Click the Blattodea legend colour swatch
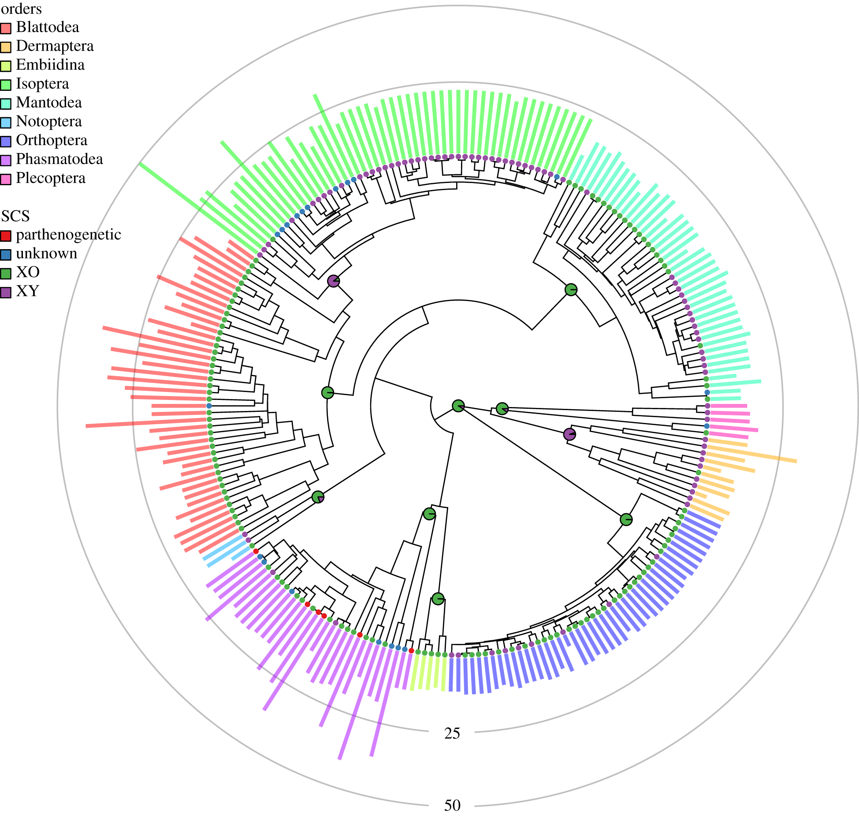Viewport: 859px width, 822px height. [6, 29]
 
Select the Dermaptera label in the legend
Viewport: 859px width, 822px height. [55, 46]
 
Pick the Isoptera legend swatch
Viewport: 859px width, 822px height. [6, 85]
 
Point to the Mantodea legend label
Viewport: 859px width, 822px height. [49, 103]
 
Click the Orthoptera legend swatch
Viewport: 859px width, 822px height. [6, 142]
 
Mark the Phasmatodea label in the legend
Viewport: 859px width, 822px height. [59, 159]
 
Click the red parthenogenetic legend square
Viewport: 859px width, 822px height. [6, 236]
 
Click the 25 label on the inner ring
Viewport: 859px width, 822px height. [452, 733]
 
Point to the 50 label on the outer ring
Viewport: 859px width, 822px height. [452, 806]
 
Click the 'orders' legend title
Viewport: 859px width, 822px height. [21, 9]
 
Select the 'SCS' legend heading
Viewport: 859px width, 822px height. [15, 216]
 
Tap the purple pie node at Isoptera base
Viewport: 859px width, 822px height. [334, 281]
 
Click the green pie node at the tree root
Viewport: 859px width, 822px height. [458, 406]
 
